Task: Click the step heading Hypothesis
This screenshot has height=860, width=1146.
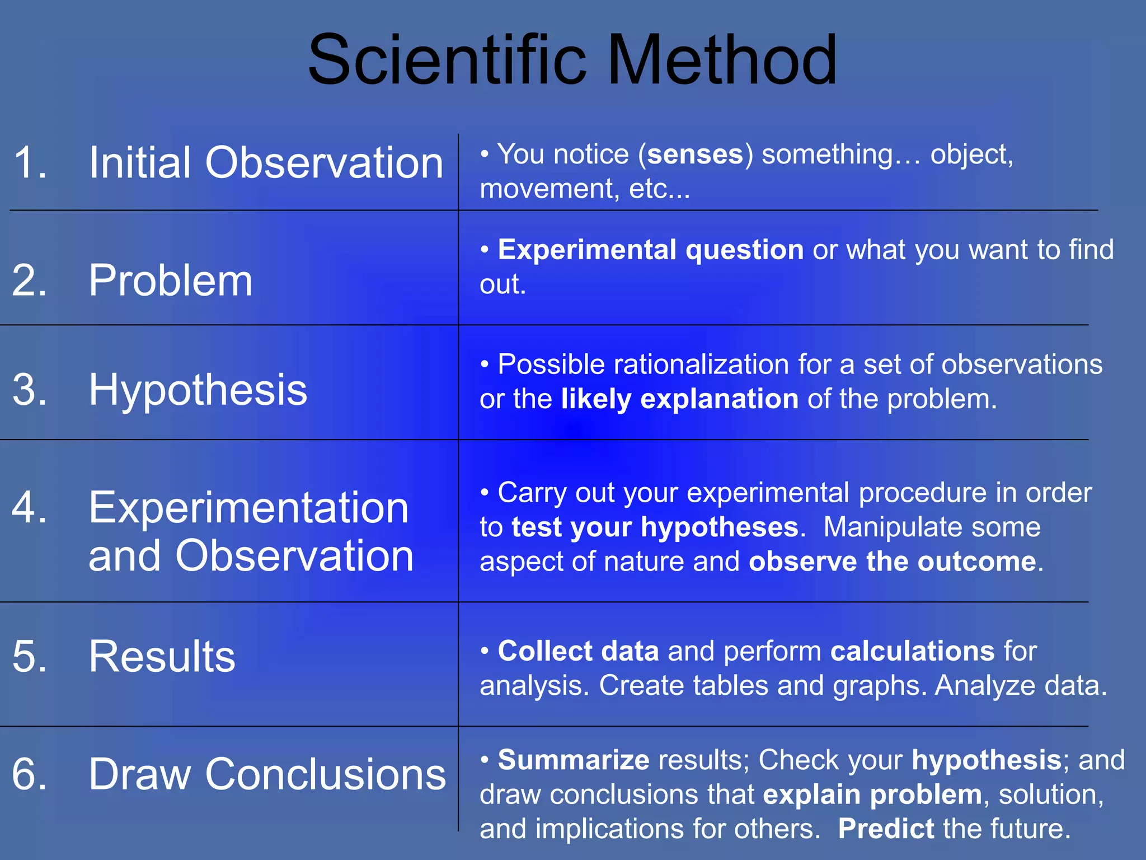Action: (x=198, y=390)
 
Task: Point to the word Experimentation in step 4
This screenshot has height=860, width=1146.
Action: (x=248, y=508)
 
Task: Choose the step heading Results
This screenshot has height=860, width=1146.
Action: (x=162, y=656)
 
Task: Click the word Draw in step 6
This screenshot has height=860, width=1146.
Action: (x=140, y=774)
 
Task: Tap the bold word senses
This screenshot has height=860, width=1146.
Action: (x=695, y=154)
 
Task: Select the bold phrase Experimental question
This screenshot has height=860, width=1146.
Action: (x=651, y=250)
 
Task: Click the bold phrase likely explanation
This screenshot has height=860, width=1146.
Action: (x=680, y=399)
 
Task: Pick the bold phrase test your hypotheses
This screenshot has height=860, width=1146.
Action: (x=655, y=527)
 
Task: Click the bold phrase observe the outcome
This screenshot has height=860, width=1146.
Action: (x=893, y=562)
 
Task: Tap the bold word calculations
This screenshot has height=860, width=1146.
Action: (x=912, y=651)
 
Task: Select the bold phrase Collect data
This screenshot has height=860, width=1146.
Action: (x=578, y=651)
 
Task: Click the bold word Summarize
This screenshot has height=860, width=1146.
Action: (x=574, y=760)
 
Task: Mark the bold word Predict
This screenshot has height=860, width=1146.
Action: (x=886, y=829)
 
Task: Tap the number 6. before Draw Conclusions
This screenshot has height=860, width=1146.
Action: (x=29, y=774)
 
